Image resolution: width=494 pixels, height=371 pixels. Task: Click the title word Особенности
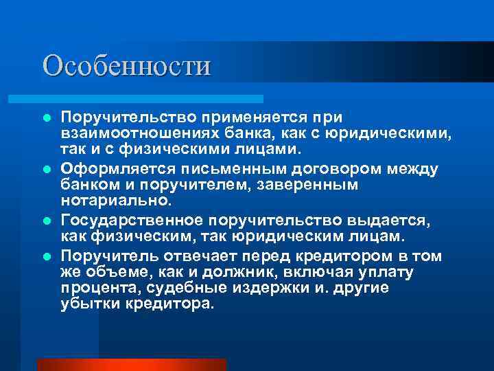[127, 66]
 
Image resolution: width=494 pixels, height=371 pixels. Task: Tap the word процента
[94, 288]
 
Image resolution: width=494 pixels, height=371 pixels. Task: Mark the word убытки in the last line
[88, 304]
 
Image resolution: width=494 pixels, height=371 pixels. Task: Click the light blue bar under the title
[151, 99]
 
